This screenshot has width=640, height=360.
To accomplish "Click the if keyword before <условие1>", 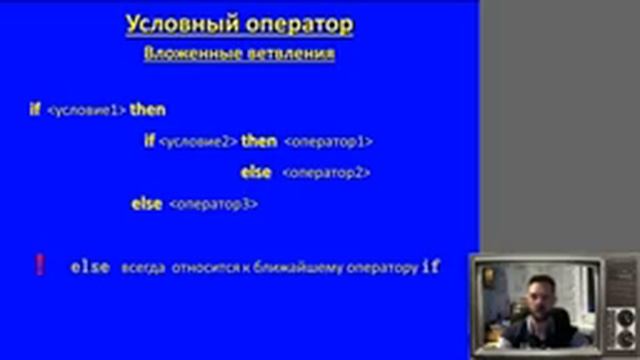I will point(35,110).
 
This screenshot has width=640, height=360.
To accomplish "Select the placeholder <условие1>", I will point(86,111).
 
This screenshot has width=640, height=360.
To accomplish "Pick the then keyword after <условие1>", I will point(148,110).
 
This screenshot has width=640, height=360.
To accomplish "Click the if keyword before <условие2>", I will point(149,141).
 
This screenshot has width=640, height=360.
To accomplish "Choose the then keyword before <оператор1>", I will point(259,141).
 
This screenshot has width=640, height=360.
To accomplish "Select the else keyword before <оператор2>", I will point(256,172).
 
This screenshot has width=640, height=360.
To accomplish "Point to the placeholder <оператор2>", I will point(326,173).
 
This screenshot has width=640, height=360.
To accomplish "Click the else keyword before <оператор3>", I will point(147,204).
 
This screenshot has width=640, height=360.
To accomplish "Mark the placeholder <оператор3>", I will point(214,205).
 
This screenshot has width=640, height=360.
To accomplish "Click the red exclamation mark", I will point(39,265).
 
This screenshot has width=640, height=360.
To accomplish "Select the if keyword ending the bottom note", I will point(431,267).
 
